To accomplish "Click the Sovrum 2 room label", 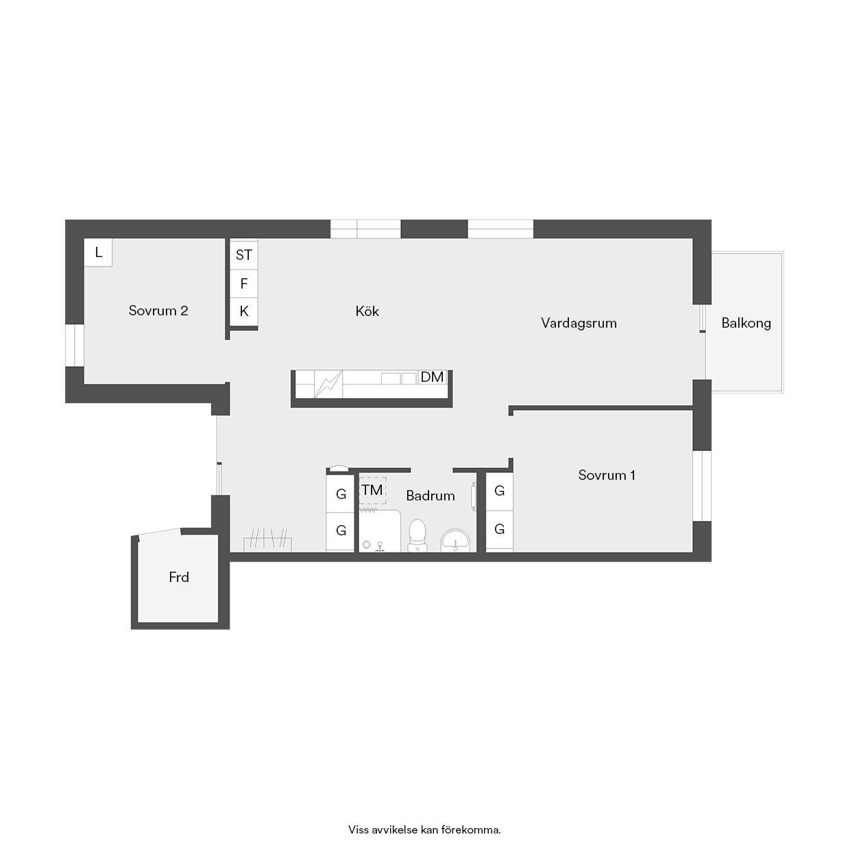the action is tap(158, 311).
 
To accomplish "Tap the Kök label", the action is tap(367, 311).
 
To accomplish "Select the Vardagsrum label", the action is tap(579, 324).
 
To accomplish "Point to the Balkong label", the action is tap(746, 324).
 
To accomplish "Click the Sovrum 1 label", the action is tap(607, 475).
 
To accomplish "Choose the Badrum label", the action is tap(430, 496).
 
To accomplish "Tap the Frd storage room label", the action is tap(179, 577).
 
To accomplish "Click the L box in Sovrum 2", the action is tap(98, 252).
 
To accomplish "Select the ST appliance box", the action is tap(244, 254).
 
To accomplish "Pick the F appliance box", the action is tap(244, 284).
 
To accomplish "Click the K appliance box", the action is tap(244, 312).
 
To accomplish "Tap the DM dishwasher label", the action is tap(432, 377).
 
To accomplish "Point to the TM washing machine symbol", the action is tap(372, 490).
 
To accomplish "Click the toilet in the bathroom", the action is tap(417, 535).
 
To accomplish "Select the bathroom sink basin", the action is tap(456, 540).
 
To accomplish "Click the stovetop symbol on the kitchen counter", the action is tap(328, 384).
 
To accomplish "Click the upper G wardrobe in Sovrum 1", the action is tap(499, 491).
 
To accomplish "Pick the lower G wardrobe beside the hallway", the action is tap(340, 531).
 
